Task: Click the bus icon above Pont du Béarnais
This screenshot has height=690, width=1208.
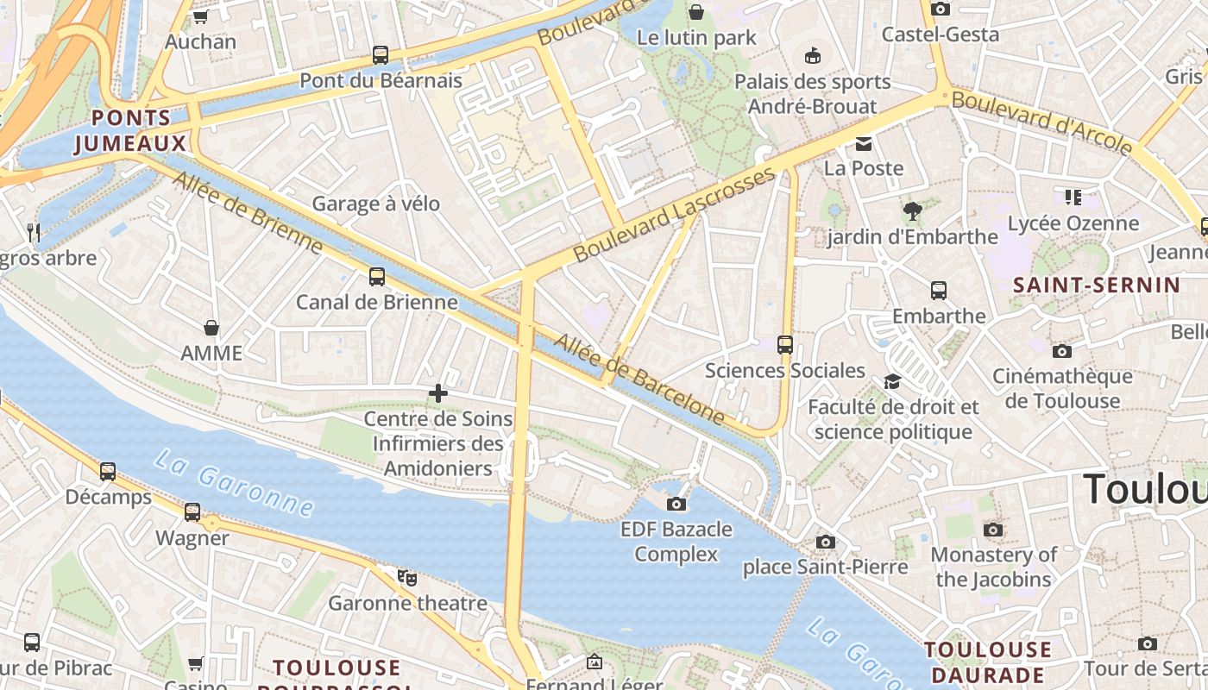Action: pos(380,55)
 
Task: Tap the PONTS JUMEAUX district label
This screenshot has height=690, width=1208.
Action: pos(130,130)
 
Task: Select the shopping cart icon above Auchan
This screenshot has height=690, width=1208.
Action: pos(200,16)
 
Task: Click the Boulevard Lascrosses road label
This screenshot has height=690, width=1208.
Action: pos(675,215)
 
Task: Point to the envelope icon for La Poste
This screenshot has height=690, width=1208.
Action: pos(864,143)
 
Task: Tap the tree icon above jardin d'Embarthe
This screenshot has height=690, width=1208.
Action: pos(912,210)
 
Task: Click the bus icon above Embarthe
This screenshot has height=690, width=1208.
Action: pos(939,291)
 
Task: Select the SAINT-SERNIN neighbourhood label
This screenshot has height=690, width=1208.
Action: pos(1096,285)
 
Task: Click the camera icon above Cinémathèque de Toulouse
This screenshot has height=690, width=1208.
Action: pos(1062,351)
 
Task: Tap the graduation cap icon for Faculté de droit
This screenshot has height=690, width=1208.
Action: pos(892,381)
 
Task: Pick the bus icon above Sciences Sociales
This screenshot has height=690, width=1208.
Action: pos(785,345)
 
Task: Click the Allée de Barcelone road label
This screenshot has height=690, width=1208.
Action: pos(639,379)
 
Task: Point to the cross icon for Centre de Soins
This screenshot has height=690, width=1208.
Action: pos(438,393)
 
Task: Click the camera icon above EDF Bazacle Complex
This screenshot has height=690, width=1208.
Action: pos(676,504)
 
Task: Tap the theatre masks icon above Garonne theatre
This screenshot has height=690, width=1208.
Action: pos(407,577)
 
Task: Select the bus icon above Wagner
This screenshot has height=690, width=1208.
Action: pos(192,512)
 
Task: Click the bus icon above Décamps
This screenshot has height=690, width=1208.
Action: pos(108,472)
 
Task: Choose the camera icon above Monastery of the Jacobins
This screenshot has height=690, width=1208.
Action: pos(993,530)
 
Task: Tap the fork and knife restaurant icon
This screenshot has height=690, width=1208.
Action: pos(34,232)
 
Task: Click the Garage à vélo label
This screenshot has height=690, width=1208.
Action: pos(375,204)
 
